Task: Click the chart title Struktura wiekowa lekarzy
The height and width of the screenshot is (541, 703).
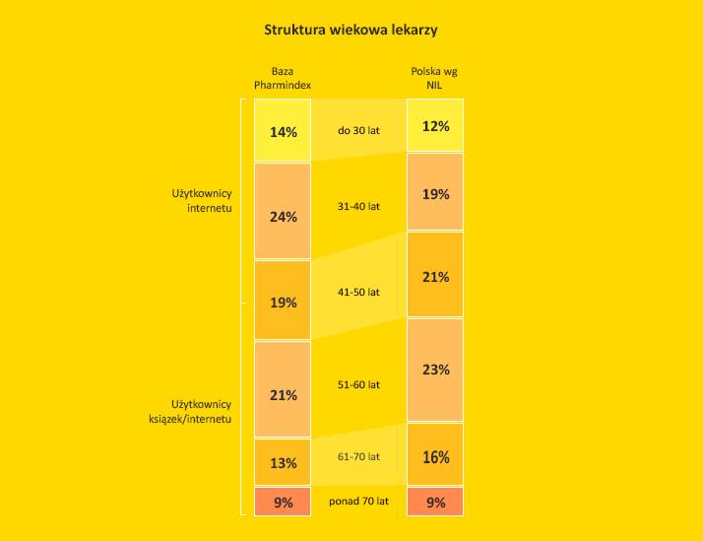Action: click(x=351, y=30)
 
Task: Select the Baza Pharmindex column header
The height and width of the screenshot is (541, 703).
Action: click(x=283, y=79)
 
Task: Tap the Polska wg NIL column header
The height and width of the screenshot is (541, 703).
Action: click(x=434, y=79)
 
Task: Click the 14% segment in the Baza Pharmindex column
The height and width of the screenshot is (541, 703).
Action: click(x=283, y=130)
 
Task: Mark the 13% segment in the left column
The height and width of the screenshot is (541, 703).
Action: click(x=283, y=462)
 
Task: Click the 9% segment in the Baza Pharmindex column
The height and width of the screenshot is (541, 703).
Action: click(x=283, y=502)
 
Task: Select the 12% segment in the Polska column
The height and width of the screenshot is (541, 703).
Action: click(x=435, y=125)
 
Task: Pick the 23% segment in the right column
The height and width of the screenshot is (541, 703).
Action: click(x=435, y=370)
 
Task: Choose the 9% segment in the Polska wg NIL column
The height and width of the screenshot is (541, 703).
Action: click(x=435, y=502)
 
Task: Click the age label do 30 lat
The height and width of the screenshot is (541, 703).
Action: click(x=358, y=130)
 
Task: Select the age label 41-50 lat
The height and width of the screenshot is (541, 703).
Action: click(x=358, y=292)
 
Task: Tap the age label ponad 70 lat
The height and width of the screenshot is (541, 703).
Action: click(x=358, y=502)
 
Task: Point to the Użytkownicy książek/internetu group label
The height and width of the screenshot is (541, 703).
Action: click(x=201, y=411)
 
